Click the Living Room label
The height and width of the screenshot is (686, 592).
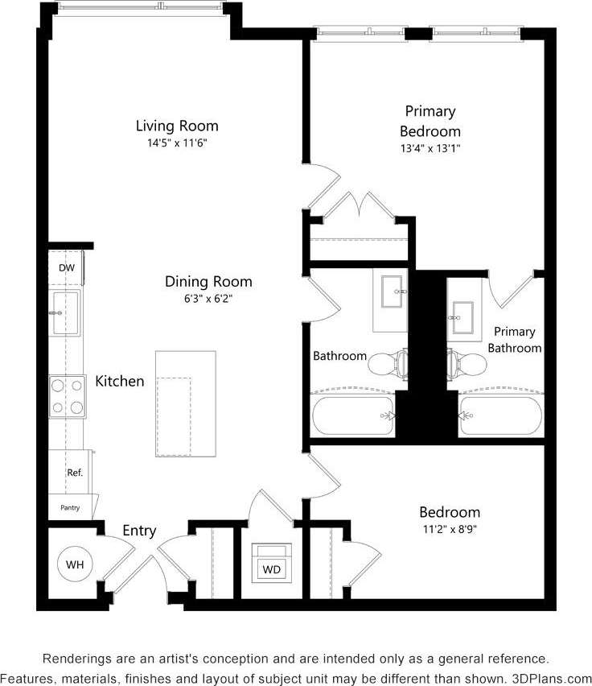176,126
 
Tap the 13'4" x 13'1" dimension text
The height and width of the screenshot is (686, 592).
430,148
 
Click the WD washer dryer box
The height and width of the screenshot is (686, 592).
272,568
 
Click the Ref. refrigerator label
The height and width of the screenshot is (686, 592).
75,473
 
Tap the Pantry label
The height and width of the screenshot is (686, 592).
71,507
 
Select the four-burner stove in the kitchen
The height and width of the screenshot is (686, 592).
67,396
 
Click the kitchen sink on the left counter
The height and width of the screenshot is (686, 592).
66,312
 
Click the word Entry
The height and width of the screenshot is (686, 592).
139,531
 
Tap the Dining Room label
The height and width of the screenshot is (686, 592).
208,282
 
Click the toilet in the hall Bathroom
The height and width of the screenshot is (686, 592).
389,365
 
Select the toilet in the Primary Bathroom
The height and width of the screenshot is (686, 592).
467,365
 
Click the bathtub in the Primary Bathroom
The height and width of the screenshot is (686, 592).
499,415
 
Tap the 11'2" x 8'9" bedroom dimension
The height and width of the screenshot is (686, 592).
449,529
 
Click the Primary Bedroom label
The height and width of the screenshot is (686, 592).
430,121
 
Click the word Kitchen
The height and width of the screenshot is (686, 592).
120,381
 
